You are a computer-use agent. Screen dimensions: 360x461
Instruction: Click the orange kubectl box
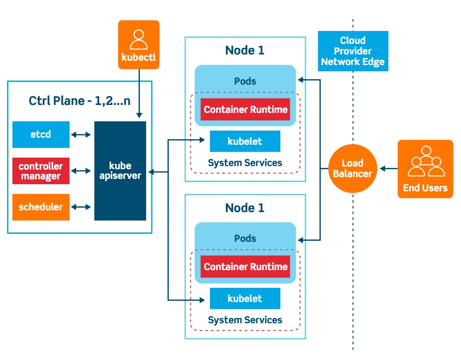(x=139, y=45)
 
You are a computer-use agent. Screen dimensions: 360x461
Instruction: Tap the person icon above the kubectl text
(x=139, y=39)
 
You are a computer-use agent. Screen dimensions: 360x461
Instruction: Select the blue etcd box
(x=41, y=134)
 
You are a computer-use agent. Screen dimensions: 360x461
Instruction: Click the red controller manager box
(x=41, y=171)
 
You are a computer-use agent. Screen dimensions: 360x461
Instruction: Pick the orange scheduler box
(x=41, y=207)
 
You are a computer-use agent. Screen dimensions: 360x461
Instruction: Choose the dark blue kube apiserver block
(x=120, y=171)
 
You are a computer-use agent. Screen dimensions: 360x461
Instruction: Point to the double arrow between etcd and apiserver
(x=81, y=134)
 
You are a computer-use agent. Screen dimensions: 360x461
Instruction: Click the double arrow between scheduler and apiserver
(x=81, y=207)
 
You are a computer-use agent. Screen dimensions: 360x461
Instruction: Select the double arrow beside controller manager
(x=81, y=171)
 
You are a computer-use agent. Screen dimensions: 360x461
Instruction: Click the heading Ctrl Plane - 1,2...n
(x=80, y=101)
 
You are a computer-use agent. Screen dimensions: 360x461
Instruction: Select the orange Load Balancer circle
(x=353, y=169)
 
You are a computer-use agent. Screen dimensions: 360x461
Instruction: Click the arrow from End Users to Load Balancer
(x=388, y=169)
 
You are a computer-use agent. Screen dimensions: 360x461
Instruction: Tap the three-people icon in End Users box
(x=425, y=162)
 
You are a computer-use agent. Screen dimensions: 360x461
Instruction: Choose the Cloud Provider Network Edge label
(x=353, y=51)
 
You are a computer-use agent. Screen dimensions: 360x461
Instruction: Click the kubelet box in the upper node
(x=245, y=141)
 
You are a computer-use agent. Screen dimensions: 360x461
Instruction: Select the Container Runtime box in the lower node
(x=245, y=267)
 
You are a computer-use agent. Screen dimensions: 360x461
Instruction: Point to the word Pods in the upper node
(x=245, y=81)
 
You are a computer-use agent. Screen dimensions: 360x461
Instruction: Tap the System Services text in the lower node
(x=245, y=320)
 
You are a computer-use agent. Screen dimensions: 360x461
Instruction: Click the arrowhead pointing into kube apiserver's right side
(x=151, y=171)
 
